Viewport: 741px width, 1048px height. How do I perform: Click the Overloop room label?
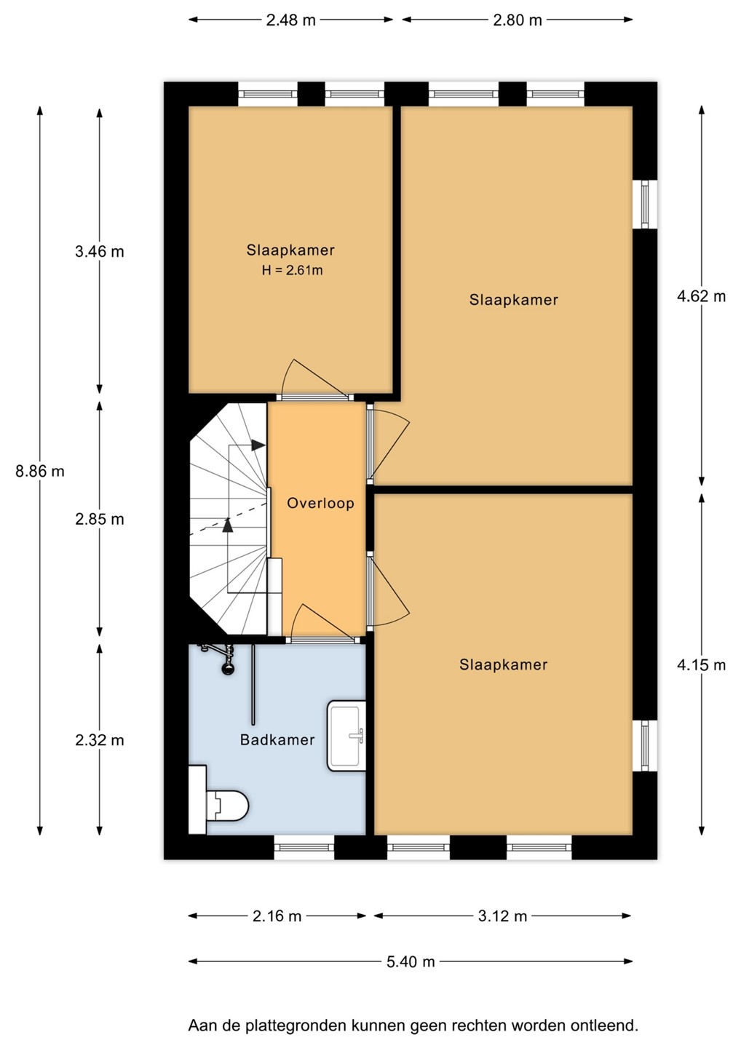(320, 504)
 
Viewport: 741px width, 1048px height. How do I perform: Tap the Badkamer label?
(277, 739)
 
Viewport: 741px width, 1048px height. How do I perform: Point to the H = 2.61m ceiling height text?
(292, 271)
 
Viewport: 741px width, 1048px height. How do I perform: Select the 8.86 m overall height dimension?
(40, 471)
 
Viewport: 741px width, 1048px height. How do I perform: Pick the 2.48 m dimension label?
(290, 20)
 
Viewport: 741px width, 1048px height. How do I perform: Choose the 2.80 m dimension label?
(518, 20)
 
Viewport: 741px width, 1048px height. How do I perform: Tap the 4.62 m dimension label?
(701, 296)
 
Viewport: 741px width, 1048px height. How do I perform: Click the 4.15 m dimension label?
(701, 665)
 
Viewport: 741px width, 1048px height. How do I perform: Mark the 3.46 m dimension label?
(100, 252)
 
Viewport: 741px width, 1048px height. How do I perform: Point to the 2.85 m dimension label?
(100, 520)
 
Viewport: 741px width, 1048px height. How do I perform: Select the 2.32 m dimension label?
(100, 740)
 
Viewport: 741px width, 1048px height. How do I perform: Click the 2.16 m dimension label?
(277, 916)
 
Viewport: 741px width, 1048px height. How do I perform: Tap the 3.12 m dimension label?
(502, 916)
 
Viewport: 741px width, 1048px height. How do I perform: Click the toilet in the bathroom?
(219, 806)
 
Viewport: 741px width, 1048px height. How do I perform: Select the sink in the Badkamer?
(346, 736)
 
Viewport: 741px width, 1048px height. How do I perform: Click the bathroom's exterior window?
(304, 847)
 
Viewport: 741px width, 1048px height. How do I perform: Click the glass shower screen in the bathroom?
(253, 684)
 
